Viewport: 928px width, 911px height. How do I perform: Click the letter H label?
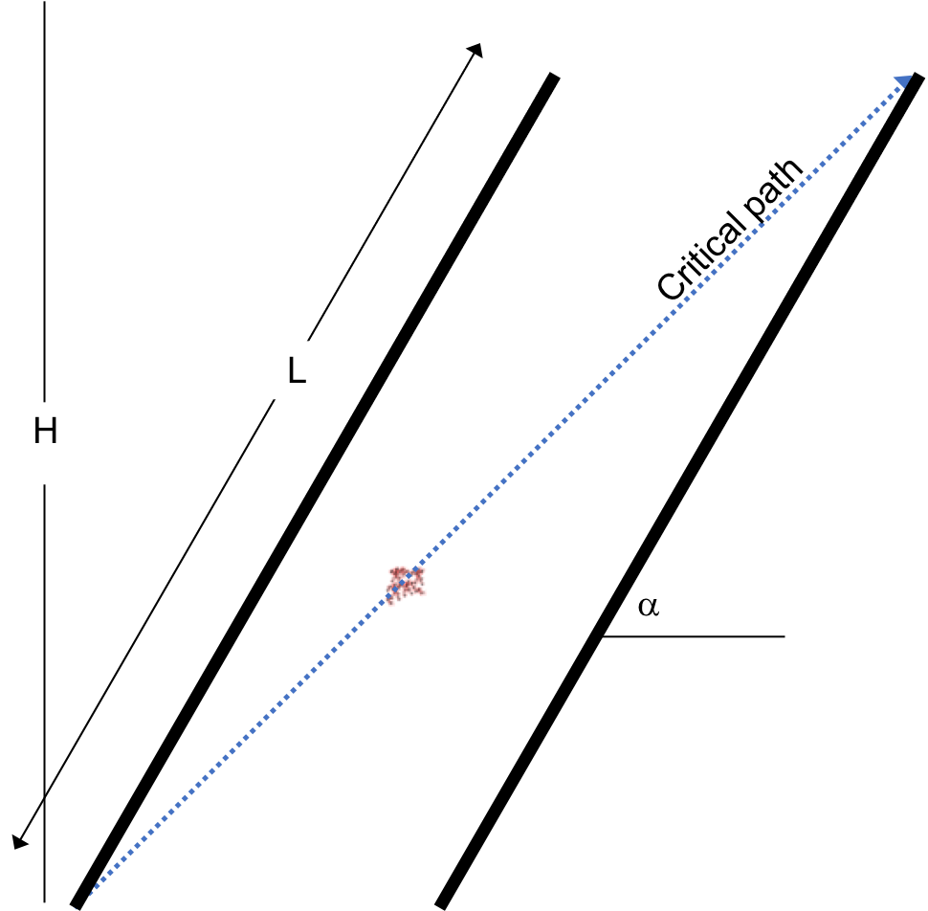coord(46,431)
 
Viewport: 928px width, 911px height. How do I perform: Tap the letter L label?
coord(297,370)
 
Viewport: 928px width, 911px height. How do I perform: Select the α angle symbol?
coord(649,607)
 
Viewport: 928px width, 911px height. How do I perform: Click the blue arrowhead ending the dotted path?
coord(904,81)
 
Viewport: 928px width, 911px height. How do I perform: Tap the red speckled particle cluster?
coord(406,585)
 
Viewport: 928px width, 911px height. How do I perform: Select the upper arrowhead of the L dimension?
coord(475,50)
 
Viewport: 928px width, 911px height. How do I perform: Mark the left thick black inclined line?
coord(315,491)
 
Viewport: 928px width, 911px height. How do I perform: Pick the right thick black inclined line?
coord(679,491)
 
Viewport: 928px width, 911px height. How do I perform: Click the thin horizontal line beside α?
coord(693,636)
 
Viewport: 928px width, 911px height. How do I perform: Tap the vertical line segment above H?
coord(44,201)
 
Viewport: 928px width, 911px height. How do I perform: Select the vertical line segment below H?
coord(44,693)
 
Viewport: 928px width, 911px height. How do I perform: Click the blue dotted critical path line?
coord(497,491)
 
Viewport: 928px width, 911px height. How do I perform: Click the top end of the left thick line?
coord(555,75)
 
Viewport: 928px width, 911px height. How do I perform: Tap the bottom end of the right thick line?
coord(440,906)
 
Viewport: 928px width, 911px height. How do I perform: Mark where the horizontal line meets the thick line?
coord(602,636)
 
